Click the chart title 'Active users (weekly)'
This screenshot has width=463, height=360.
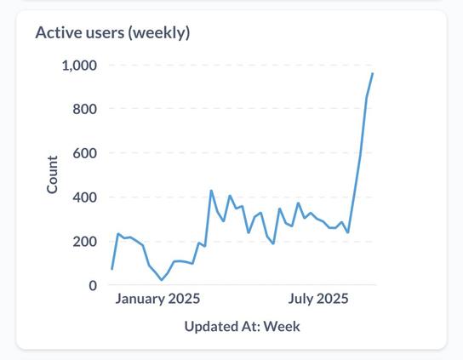111,33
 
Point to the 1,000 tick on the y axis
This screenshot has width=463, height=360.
79,66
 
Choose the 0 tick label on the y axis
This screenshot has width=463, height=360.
92,286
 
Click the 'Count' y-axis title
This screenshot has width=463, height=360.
53,174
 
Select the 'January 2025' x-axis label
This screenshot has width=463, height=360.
157,299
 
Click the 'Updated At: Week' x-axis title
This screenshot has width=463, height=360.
242,326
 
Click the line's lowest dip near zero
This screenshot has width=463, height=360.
162,280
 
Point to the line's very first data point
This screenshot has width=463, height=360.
111,269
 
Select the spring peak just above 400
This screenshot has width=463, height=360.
211,191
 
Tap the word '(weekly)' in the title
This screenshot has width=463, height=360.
159,33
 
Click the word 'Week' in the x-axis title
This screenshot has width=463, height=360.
282,326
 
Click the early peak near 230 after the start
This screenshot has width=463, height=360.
118,234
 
